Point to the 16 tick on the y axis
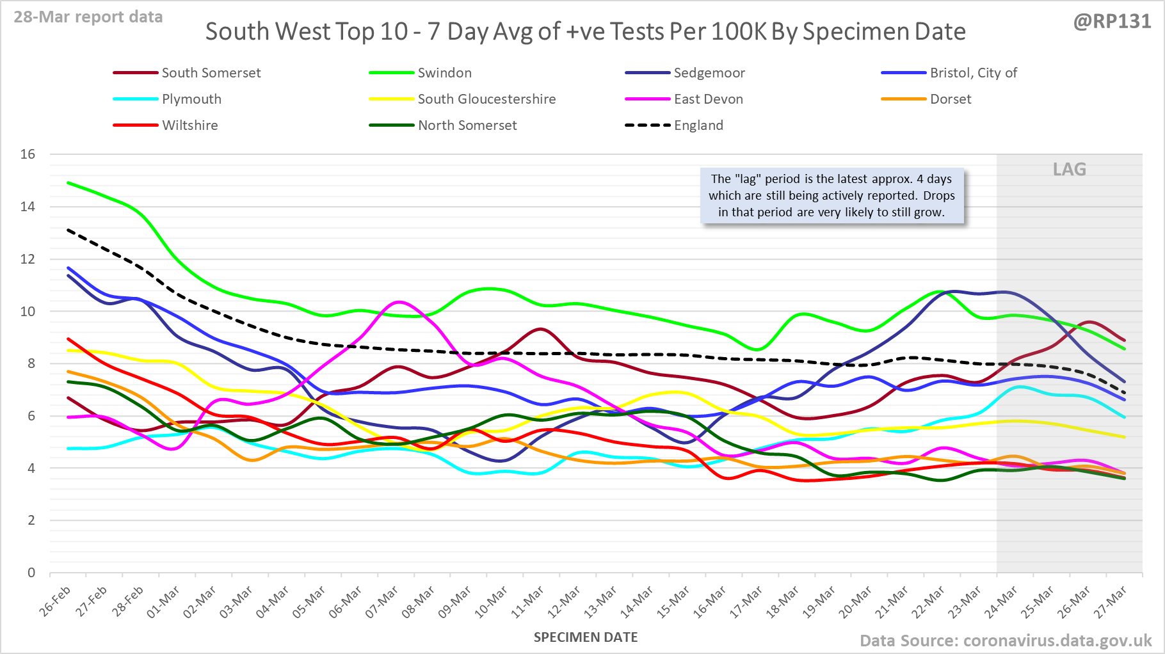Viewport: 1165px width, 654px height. pyautogui.click(x=28, y=154)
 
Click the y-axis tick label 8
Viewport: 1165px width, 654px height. pyautogui.click(x=31, y=363)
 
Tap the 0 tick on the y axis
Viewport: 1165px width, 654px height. pyautogui.click(x=31, y=573)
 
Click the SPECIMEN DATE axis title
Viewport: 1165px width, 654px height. pyautogui.click(x=586, y=637)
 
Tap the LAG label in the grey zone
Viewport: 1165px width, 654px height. pyautogui.click(x=1069, y=170)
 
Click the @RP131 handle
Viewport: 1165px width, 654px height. pyautogui.click(x=1111, y=22)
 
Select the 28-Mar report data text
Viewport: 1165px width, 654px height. pyautogui.click(x=88, y=17)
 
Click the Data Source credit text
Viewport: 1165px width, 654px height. pyautogui.click(x=1005, y=641)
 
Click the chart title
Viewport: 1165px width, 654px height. pyautogui.click(x=585, y=32)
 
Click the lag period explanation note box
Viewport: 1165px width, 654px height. pyautogui.click(x=832, y=196)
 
